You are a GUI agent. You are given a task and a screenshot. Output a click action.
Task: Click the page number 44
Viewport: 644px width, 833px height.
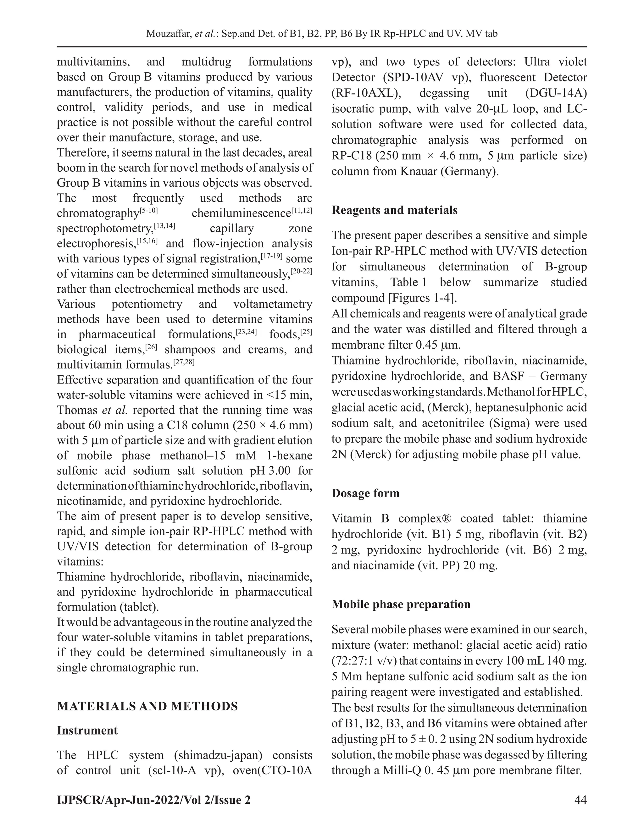[x=580, y=800]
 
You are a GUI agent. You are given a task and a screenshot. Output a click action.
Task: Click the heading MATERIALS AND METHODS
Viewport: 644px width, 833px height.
[x=147, y=706]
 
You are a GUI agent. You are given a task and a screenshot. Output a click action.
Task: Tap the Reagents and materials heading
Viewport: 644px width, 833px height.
[x=394, y=210]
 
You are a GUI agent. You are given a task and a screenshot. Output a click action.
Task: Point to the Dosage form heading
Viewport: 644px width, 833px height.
[x=365, y=493]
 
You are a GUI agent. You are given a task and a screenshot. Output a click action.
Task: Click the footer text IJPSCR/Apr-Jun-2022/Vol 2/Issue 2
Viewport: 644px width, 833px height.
[x=154, y=800]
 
